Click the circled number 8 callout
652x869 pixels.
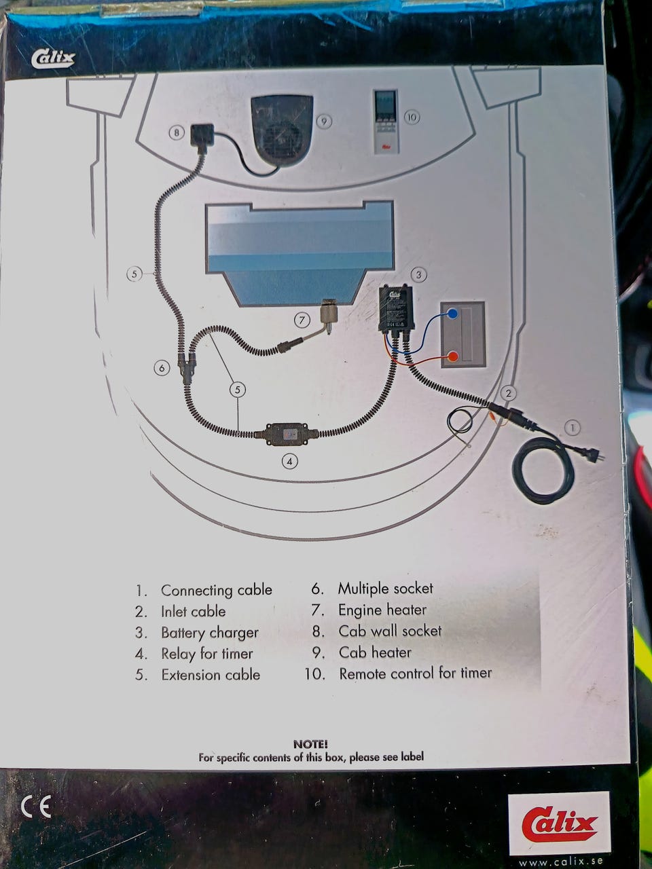click(177, 132)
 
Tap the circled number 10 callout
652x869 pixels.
click(412, 117)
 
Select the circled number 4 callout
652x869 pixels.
click(290, 461)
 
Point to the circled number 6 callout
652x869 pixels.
click(161, 368)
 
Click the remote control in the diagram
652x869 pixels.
click(384, 119)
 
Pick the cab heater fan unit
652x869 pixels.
click(281, 131)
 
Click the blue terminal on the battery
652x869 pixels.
click(452, 314)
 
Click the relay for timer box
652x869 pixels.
click(287, 433)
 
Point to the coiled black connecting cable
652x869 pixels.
click(543, 468)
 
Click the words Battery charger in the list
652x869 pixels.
click(209, 633)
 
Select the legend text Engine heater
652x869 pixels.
click(382, 610)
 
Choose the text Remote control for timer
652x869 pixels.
click(415, 673)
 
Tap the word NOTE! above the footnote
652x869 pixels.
click(310, 745)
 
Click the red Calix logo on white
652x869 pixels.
click(559, 824)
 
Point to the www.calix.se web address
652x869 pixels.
click(560, 863)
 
